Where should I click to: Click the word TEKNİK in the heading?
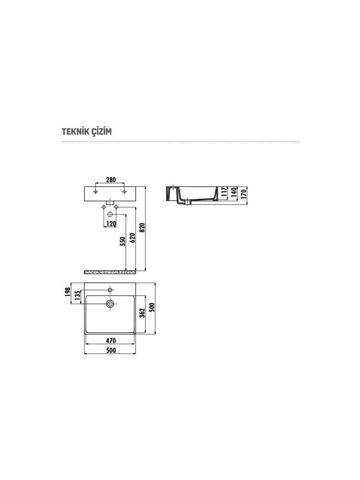[x=75, y=132]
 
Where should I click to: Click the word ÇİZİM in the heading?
[x=100, y=132]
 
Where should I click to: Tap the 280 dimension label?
[x=111, y=180]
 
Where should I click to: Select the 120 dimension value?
[x=111, y=224]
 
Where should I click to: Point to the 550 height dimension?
[x=123, y=241]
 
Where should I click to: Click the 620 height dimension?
[x=132, y=238]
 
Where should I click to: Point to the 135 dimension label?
[x=77, y=295]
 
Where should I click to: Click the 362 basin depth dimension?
[x=142, y=313]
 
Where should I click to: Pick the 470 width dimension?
[x=111, y=340]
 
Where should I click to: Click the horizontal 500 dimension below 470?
[x=111, y=350]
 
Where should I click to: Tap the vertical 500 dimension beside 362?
[x=152, y=307]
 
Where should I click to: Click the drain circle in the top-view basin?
[x=110, y=304]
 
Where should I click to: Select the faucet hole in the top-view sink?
[x=110, y=290]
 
